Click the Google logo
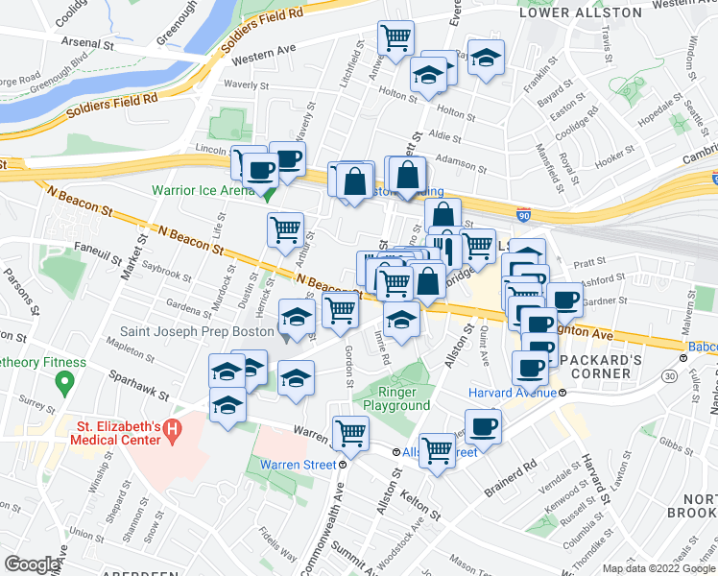(32, 564)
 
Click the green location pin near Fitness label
(63, 384)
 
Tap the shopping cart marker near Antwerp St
(395, 38)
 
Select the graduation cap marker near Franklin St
(487, 57)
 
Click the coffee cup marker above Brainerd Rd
(483, 426)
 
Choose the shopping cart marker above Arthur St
(285, 230)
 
